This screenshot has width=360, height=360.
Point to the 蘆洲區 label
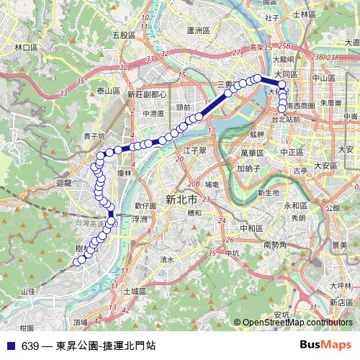point(197,31)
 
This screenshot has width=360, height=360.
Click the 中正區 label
point(292,153)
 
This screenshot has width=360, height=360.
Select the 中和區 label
point(252,228)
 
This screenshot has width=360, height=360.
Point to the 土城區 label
point(135,292)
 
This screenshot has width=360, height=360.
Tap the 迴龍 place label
point(64,183)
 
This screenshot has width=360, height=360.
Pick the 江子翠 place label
point(194,150)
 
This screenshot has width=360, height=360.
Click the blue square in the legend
point(12,346)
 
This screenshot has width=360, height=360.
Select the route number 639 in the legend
point(30,346)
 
